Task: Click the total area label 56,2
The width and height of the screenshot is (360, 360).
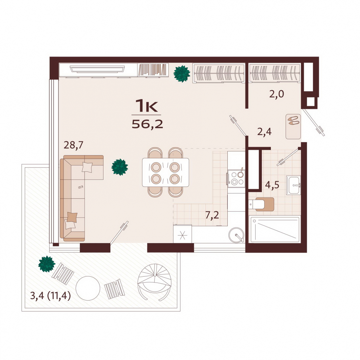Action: coord(147,124)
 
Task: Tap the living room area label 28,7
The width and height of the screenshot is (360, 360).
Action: coord(73,145)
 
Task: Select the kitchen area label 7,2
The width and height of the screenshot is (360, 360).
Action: coord(212,215)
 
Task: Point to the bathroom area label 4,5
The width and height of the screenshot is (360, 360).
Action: coord(272,185)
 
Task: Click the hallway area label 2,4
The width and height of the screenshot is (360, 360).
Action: coord(264,132)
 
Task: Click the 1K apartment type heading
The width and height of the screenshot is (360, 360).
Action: coord(146,106)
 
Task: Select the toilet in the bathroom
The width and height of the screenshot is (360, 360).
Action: coord(261,204)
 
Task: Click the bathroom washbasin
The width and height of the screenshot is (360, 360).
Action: coord(293,185)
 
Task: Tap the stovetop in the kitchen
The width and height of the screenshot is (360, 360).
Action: coord(236,179)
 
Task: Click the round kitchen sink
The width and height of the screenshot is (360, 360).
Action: coord(236,235)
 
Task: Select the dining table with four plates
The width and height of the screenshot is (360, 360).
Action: coord(165,172)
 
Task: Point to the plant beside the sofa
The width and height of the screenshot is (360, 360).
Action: coord(120,167)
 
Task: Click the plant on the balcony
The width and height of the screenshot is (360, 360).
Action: coord(47,264)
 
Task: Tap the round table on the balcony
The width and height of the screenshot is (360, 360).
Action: coord(88,288)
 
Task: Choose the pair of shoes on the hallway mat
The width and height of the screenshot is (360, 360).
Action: coord(293,120)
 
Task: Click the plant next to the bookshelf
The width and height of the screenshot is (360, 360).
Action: coord(182,74)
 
